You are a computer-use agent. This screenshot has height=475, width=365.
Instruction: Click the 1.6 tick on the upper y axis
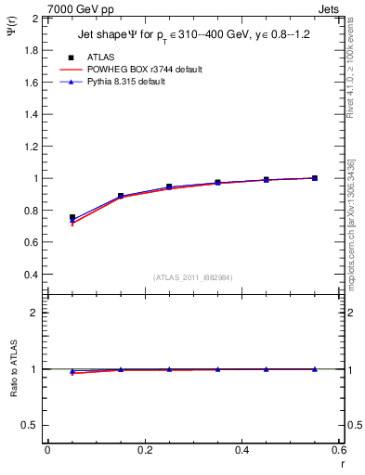pyautogui.click(x=31, y=82)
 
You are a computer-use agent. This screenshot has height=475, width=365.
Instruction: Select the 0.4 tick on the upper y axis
pyautogui.click(x=31, y=275)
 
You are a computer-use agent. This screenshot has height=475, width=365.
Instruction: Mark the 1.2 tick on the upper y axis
pyautogui.click(x=31, y=146)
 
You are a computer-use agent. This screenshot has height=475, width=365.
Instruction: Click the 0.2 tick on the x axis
pyautogui.click(x=144, y=451)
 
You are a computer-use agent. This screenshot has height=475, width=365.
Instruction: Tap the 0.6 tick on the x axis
pyautogui.click(x=338, y=451)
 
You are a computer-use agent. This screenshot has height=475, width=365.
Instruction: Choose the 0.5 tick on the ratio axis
pyautogui.click(x=31, y=425)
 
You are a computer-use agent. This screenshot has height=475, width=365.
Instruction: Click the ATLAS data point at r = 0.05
pyautogui.click(x=72, y=217)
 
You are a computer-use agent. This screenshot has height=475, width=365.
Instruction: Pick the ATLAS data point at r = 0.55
pyautogui.click(x=315, y=178)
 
